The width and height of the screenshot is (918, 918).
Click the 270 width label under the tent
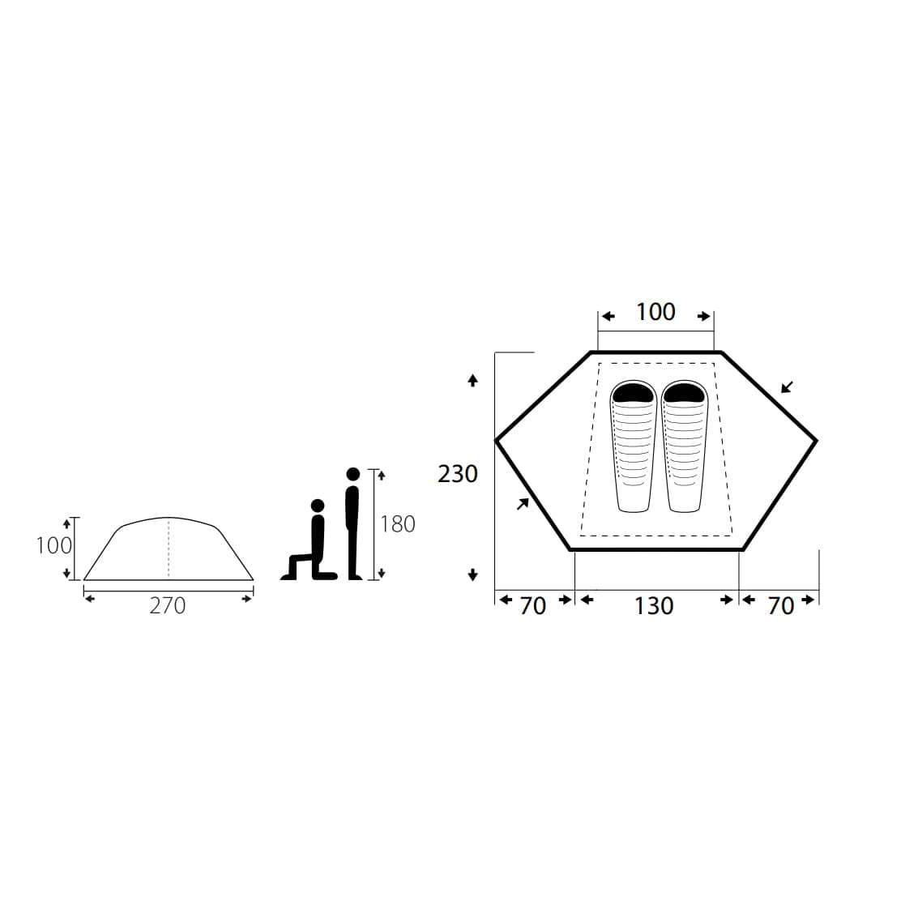168,605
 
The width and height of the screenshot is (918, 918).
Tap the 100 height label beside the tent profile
53,545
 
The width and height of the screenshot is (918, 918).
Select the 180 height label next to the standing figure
398,524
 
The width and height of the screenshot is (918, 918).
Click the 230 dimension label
458,474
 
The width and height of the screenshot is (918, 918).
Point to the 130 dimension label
654,606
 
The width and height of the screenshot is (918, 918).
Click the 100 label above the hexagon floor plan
655,312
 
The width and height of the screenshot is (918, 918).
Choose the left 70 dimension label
533,606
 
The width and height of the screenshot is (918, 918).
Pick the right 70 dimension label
781,606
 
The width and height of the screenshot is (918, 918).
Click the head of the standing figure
353,474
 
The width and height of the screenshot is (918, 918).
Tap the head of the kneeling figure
318,506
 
